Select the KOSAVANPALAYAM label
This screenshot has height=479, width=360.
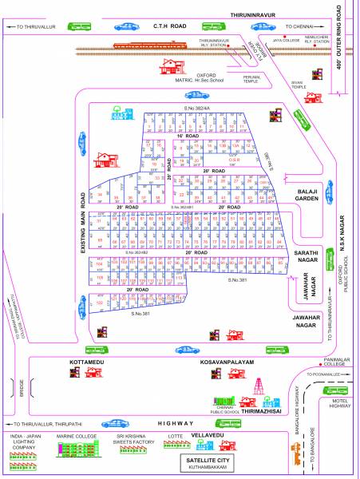tap(228, 362)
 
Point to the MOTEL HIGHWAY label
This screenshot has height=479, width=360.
tap(340, 402)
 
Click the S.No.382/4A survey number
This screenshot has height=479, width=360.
tap(196, 108)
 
